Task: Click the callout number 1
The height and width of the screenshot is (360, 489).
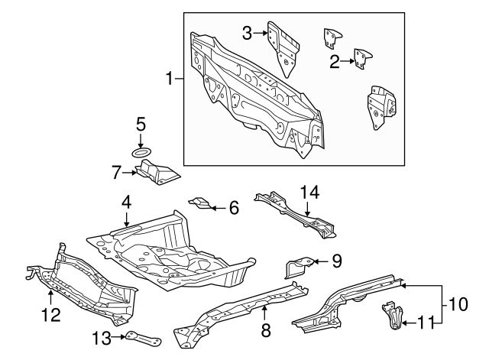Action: tap(170, 78)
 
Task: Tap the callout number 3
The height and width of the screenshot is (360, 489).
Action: tap(247, 32)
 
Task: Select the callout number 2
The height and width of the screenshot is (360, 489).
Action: tap(334, 61)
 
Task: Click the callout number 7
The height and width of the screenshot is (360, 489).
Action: tap(117, 173)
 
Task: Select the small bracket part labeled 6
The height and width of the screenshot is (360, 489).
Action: tap(200, 203)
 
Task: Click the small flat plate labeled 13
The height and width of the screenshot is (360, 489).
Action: tap(143, 338)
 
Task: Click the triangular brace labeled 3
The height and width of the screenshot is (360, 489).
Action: tap(285, 47)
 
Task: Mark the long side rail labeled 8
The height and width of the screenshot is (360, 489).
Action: tap(244, 306)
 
